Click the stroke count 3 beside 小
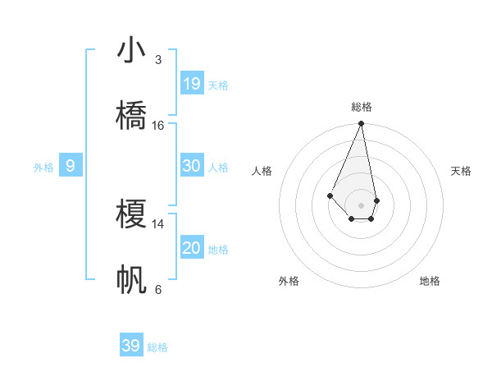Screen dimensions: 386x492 157,60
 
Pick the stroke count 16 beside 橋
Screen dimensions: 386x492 158,125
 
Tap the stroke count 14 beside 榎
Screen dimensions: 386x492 158,223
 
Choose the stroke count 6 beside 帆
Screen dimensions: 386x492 157,289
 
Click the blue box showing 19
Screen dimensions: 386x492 192,83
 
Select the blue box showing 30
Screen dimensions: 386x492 192,166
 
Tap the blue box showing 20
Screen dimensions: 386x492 192,248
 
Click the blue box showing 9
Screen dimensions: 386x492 71,166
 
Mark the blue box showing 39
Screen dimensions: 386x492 131,346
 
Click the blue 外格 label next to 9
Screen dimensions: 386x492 43,168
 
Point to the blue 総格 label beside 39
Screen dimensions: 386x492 157,347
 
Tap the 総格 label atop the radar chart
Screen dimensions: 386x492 361,107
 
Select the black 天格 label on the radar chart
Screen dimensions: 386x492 461,171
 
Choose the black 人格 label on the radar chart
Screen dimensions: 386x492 262,171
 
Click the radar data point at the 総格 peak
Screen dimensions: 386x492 361,124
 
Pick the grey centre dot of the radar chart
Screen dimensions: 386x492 361,205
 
